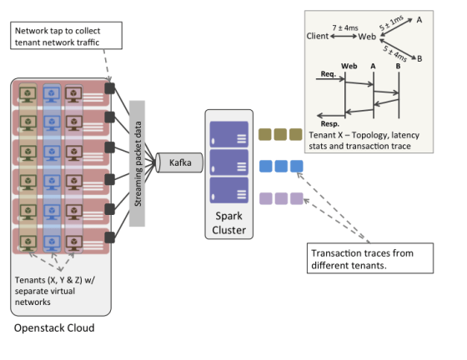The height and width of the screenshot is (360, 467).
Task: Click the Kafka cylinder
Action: [x=179, y=162]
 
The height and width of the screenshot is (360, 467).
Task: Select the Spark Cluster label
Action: [x=228, y=222]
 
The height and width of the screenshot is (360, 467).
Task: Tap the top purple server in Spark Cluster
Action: [x=229, y=134]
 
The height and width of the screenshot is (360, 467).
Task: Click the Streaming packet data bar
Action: [x=137, y=163]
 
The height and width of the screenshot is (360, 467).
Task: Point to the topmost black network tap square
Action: [x=110, y=88]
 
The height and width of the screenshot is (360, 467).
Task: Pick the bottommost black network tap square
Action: [x=110, y=237]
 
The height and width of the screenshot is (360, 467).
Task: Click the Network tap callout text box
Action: [x=66, y=35]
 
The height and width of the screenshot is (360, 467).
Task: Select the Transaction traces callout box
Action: [x=370, y=258]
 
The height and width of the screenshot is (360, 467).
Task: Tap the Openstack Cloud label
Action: [x=54, y=327]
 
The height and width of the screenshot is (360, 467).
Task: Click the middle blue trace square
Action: [x=281, y=166]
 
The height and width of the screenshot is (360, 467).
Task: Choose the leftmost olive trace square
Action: [x=265, y=134]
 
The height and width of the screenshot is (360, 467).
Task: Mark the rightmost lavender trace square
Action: [x=297, y=198]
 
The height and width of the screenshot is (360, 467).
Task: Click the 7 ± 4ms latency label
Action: [x=345, y=28]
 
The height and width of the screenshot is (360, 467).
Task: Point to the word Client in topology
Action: [x=318, y=36]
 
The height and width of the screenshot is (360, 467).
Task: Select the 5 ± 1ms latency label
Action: [x=391, y=22]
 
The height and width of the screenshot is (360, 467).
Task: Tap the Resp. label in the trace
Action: [x=330, y=124]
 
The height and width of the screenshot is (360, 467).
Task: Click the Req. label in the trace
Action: [x=329, y=74]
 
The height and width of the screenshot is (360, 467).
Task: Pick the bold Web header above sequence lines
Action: [x=349, y=66]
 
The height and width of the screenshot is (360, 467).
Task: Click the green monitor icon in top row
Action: [x=28, y=95]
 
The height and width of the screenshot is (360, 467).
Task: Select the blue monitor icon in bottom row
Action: [x=52, y=243]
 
